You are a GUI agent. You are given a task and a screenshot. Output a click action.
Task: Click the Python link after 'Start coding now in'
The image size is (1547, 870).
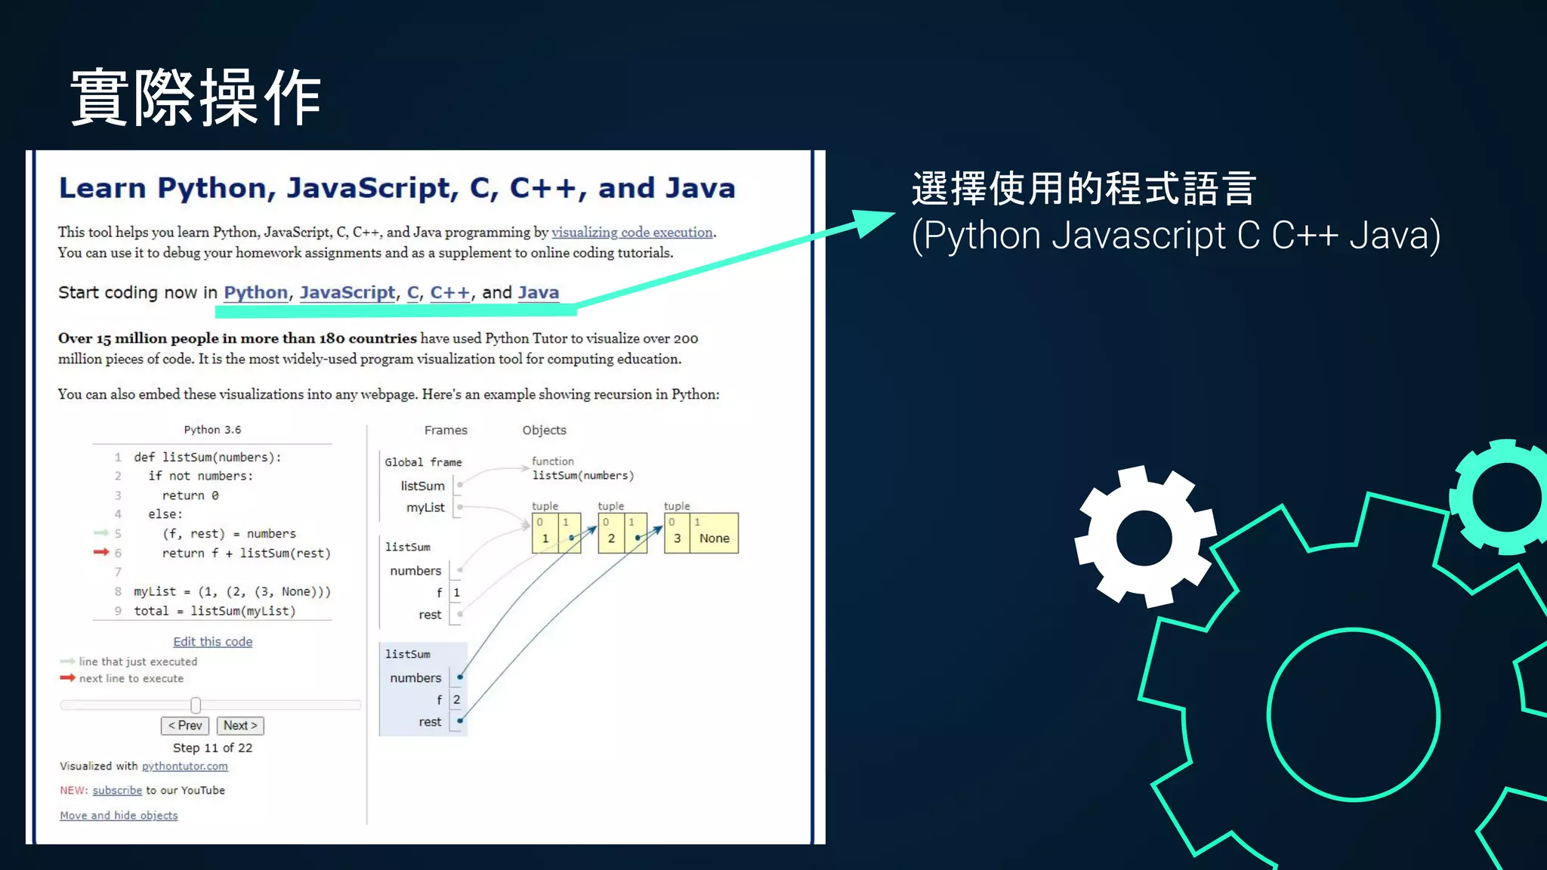(255, 292)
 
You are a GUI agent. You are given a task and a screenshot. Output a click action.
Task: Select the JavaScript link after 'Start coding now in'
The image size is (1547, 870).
(347, 292)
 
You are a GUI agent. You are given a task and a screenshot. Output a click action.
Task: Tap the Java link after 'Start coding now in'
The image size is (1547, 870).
(538, 292)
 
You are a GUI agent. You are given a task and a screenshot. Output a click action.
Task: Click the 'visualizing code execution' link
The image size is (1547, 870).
(631, 233)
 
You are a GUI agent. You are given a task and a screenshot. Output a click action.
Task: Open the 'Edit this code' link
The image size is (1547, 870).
(212, 642)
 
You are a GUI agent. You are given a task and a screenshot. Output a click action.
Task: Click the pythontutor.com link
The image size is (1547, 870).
(184, 766)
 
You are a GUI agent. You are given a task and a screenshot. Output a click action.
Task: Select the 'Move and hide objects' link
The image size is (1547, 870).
(119, 816)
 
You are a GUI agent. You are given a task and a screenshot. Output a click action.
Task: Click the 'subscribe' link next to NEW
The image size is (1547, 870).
(117, 791)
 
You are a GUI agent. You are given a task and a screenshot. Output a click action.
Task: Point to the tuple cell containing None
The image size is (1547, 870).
(714, 538)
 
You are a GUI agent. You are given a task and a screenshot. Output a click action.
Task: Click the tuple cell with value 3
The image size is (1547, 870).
(677, 538)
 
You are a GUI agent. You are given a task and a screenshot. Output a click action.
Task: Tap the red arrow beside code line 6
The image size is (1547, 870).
(101, 552)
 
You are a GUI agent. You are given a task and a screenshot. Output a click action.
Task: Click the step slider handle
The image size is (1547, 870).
(196, 705)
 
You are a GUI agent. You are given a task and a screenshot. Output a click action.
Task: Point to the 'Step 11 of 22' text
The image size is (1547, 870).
(212, 748)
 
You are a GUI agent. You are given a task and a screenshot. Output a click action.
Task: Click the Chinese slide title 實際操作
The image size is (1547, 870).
(196, 97)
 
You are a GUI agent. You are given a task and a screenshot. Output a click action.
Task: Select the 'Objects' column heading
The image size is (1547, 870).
(544, 430)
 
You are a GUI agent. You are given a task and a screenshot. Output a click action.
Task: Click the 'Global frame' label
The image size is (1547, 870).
(423, 462)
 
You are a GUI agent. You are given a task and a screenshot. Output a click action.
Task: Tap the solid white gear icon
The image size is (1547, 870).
(1144, 537)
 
